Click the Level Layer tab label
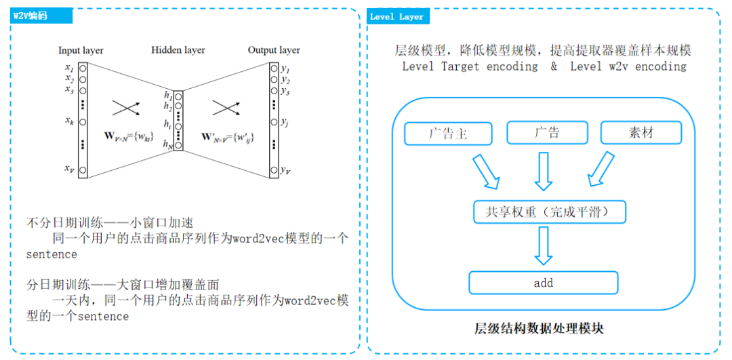click(x=396, y=16)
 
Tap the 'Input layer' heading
click(x=81, y=50)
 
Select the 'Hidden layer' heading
click(x=178, y=50)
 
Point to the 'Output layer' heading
click(x=273, y=50)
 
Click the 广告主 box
click(x=448, y=133)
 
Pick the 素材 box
click(x=640, y=133)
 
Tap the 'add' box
click(x=543, y=283)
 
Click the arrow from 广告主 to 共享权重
click(x=487, y=171)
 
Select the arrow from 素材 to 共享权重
click(x=599, y=171)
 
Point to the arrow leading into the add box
click(x=544, y=246)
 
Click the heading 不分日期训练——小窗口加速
click(x=110, y=222)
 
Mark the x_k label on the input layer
click(x=68, y=121)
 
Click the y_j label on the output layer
click(x=285, y=122)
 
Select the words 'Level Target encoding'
click(x=470, y=66)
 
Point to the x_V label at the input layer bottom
click(x=68, y=168)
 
